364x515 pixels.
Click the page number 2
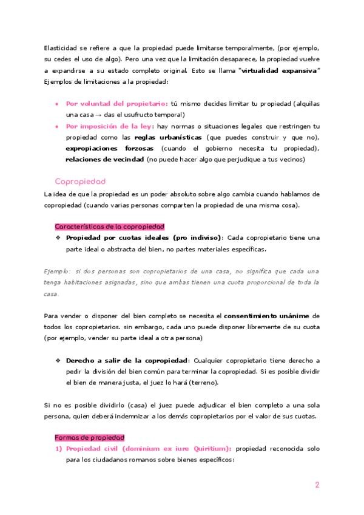tap(317, 485)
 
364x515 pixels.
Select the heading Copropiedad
tap(80, 182)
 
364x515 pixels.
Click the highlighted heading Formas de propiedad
tap(89, 437)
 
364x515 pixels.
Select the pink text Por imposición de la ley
tap(110, 126)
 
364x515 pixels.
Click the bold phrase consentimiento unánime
tap(267, 316)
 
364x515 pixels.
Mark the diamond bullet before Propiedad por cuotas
tap(58, 237)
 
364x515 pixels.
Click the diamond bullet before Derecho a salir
tap(58, 360)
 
